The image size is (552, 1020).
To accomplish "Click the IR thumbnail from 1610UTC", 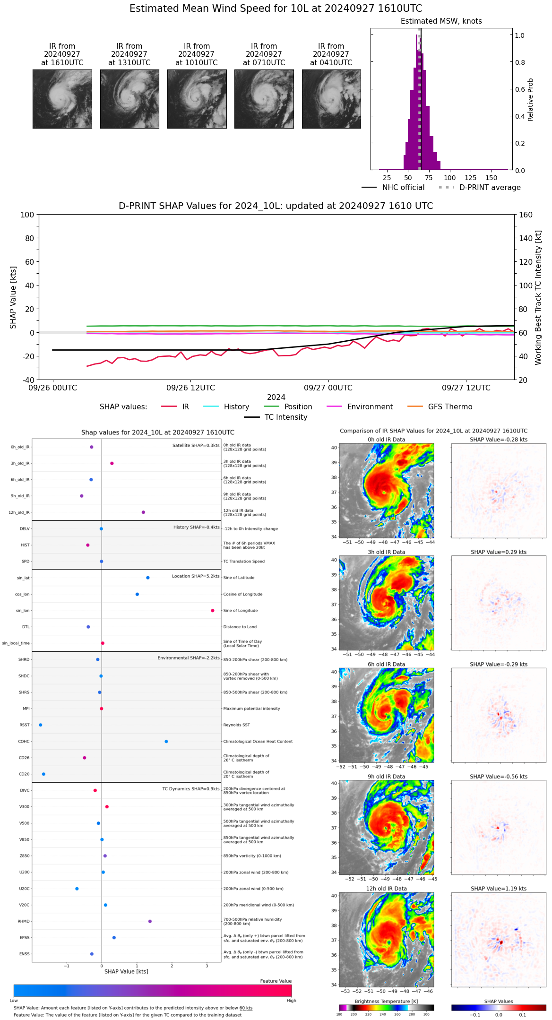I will (x=62, y=99).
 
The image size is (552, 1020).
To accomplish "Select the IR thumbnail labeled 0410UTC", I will (x=331, y=99).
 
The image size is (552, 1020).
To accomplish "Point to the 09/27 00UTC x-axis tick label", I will (x=328, y=388).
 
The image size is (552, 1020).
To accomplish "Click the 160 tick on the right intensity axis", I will (x=526, y=215).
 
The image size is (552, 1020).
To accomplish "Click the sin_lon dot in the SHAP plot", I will (x=213, y=611).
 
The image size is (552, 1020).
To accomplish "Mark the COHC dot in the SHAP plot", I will (x=166, y=742).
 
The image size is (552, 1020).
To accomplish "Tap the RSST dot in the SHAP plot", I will (x=41, y=725).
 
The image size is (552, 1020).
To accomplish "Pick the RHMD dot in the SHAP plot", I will (x=150, y=921).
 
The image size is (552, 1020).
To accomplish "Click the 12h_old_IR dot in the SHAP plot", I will (x=143, y=512).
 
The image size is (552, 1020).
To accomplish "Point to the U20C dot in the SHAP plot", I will (x=77, y=889).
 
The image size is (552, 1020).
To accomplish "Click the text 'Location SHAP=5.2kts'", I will (x=196, y=576).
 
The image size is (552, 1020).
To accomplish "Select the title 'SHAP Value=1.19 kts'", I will (x=499, y=889).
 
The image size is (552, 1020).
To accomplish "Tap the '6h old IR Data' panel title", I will (x=386, y=664).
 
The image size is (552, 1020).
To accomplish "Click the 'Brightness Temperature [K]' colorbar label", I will (x=386, y=1001).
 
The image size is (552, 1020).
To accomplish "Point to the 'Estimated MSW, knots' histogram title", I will (x=441, y=21).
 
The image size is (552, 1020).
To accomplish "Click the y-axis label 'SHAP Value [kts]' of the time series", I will (x=13, y=297).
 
